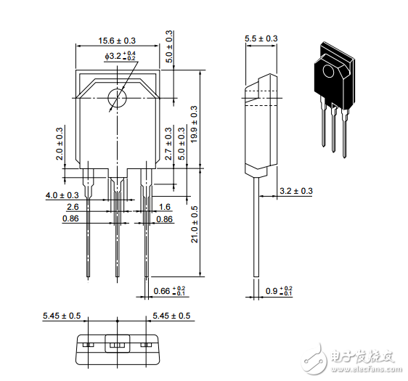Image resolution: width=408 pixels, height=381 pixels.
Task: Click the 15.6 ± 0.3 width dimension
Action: point(117,41)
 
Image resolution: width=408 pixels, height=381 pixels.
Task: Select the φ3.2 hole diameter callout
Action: point(121,56)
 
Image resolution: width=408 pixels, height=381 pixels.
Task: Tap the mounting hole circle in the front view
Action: point(117,98)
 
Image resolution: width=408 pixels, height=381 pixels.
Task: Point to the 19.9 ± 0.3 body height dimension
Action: point(194,124)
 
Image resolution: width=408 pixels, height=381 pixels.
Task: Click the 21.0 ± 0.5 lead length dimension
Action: point(195,224)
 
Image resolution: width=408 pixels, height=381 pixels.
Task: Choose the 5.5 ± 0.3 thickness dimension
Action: point(261,38)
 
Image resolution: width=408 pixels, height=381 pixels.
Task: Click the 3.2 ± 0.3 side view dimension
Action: point(296,191)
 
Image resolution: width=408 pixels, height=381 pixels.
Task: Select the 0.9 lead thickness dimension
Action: point(279,291)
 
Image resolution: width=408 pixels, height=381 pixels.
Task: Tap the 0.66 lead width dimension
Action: point(169,291)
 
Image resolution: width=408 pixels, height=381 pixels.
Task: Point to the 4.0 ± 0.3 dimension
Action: point(62,195)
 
